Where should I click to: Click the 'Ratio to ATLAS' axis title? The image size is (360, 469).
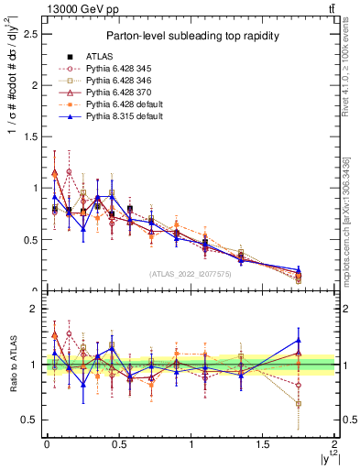pyautogui.click(x=10, y=364)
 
